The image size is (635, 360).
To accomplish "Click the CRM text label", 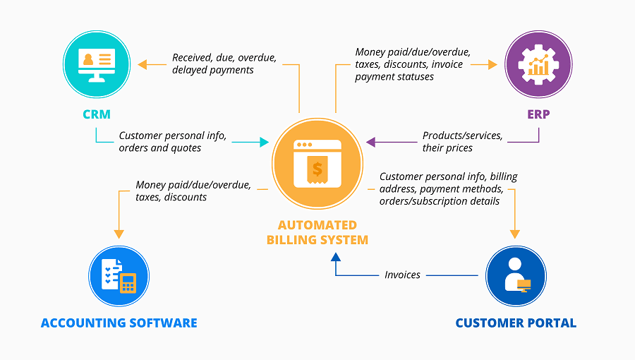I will click(96, 114).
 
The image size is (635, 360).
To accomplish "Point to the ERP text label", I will click(538, 114).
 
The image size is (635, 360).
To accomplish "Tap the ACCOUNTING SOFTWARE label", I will click(119, 323).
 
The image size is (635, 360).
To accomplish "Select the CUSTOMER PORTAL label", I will click(516, 323).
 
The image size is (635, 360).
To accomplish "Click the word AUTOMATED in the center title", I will click(317, 225).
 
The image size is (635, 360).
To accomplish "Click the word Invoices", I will click(402, 275).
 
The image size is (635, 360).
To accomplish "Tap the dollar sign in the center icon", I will click(317, 169).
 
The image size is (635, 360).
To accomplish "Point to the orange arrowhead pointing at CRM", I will click(142, 64).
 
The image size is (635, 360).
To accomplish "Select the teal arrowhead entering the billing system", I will click(265, 143).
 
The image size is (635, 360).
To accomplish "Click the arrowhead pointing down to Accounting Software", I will click(119, 233).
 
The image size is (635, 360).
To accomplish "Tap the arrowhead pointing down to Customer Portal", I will click(515, 233).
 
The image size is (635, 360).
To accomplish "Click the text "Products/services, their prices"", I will click(462, 142).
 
